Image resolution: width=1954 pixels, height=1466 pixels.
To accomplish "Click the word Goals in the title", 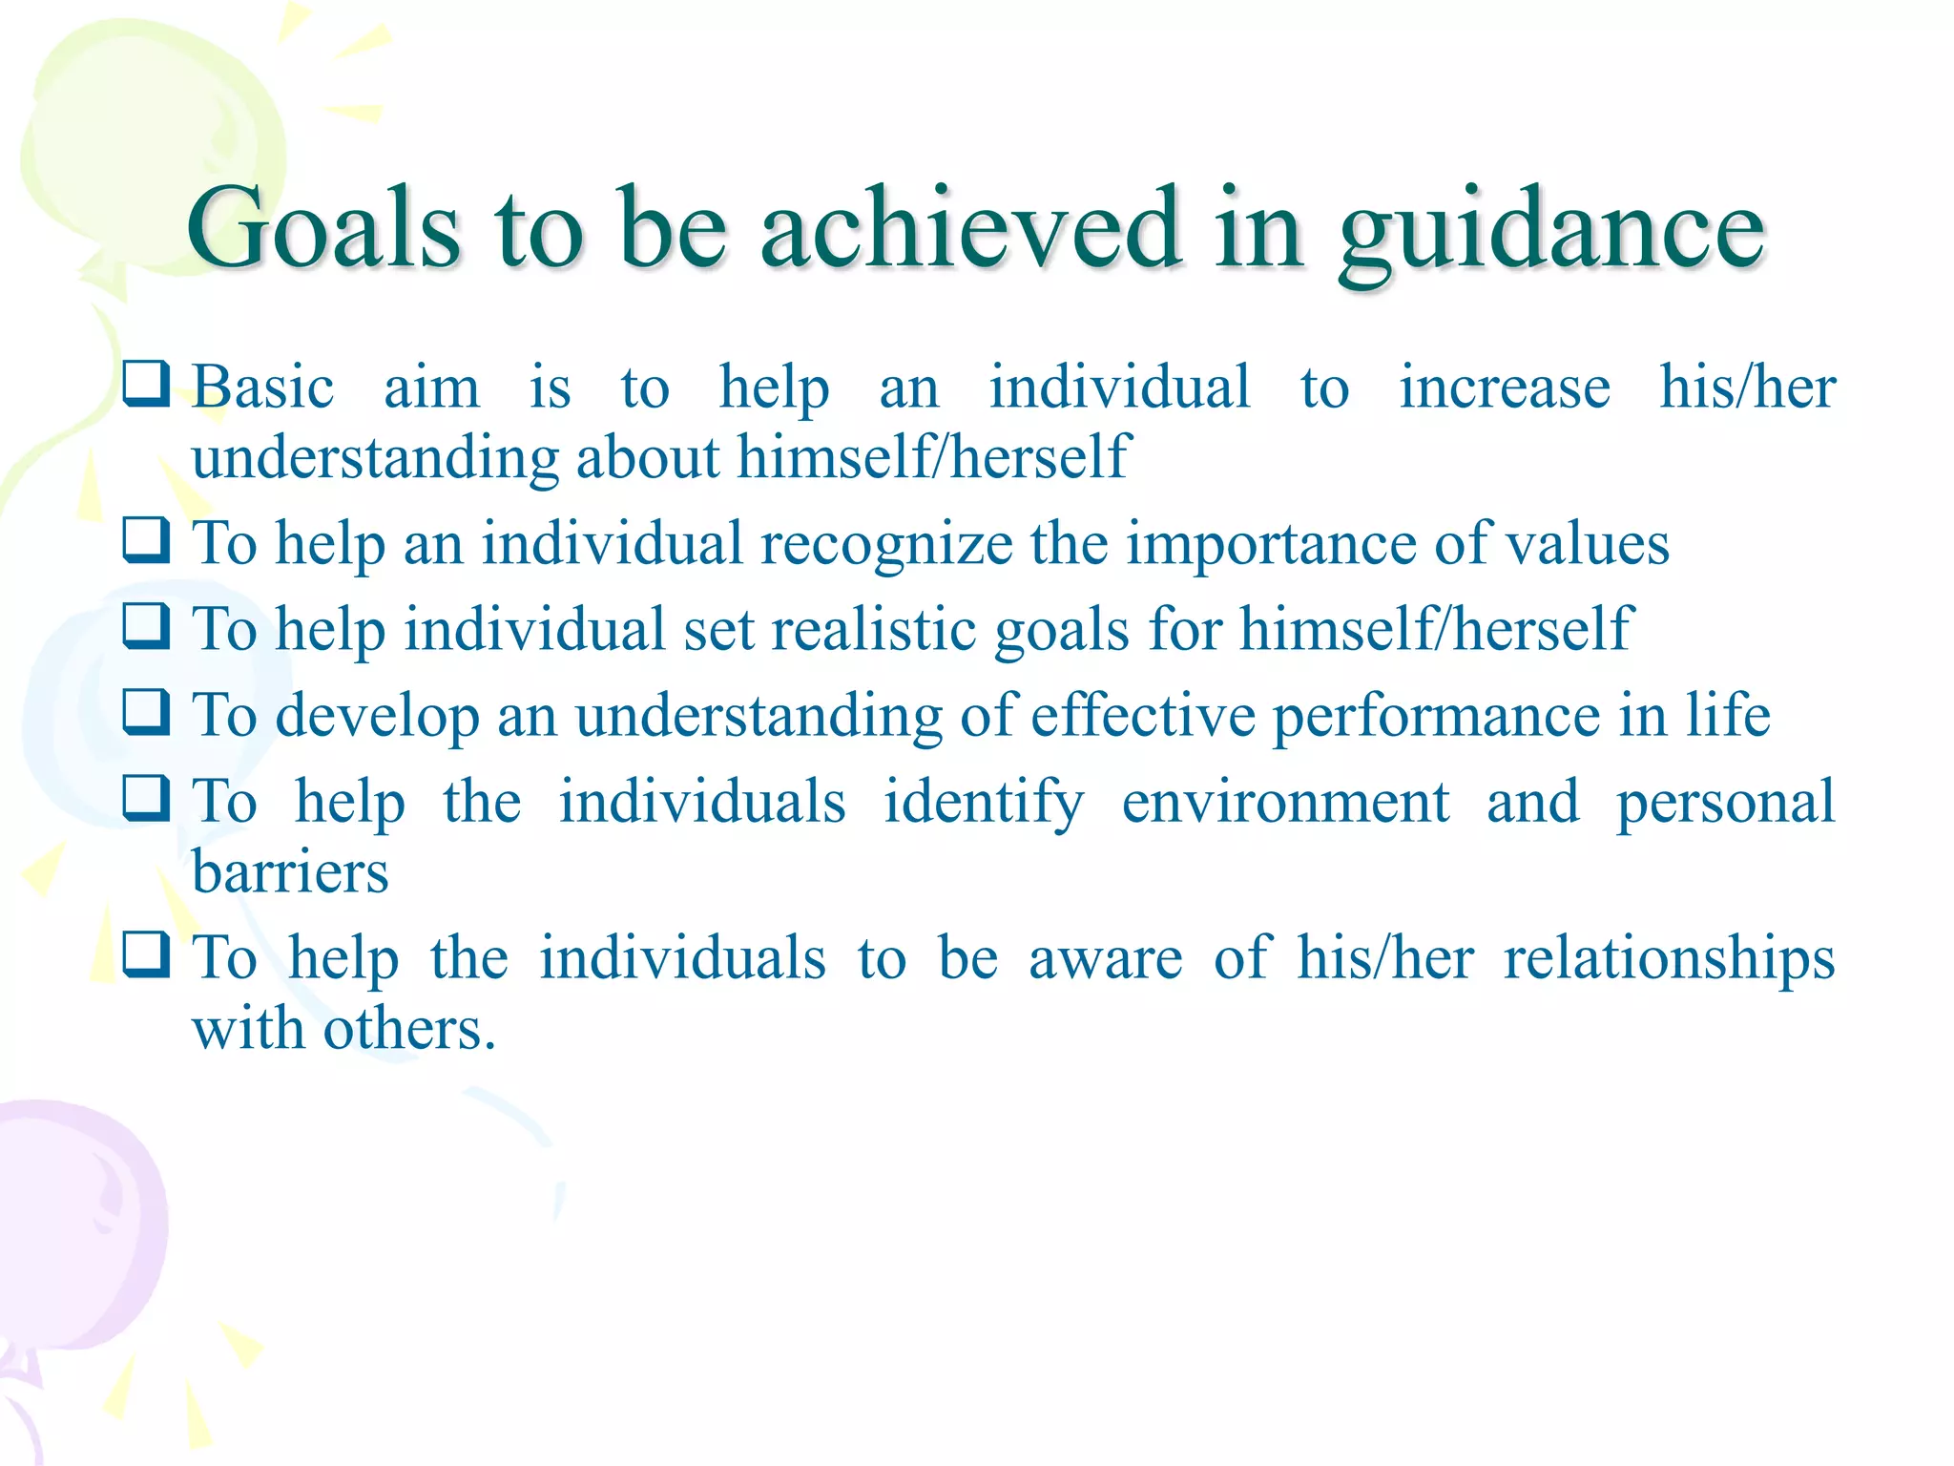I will pos(324,229).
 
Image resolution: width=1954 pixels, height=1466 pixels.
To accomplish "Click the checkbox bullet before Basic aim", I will pos(146,384).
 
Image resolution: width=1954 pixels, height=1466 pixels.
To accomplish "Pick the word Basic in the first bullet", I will pos(262,388).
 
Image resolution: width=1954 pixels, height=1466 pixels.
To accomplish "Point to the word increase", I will pos(1504,388).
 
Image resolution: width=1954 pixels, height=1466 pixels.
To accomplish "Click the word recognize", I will pos(885,545).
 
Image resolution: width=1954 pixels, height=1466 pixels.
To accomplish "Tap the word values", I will pos(1587,545).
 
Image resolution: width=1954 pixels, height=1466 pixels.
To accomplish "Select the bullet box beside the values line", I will pos(146,540).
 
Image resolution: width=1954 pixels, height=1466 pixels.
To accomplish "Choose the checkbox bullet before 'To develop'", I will pos(146,712).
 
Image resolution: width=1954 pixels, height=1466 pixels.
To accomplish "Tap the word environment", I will pos(1284,802).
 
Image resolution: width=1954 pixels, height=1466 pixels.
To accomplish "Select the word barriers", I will pos(290,872).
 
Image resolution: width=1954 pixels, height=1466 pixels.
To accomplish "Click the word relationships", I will pos(1669,959).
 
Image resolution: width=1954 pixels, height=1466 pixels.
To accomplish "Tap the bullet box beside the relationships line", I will pos(146,954).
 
